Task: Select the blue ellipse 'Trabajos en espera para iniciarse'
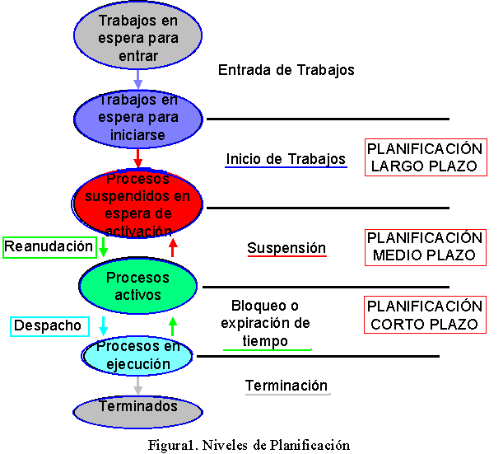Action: click(137, 117)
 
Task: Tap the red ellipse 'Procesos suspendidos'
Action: click(137, 204)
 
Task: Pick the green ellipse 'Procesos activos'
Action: click(137, 285)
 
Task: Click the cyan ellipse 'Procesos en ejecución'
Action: click(137, 354)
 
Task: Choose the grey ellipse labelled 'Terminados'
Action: click(137, 407)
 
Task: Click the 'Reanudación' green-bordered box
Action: click(49, 246)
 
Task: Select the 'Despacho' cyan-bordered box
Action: click(49, 325)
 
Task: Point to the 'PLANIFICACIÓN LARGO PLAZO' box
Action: click(424, 157)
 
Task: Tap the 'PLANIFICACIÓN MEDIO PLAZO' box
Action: click(424, 246)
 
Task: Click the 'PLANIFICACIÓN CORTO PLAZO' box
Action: click(424, 315)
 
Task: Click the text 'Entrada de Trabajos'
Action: click(286, 70)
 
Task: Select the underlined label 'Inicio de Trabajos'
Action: click(286, 159)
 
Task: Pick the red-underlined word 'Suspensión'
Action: click(286, 248)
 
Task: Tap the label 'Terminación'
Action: click(286, 386)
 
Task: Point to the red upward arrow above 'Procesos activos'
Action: click(173, 246)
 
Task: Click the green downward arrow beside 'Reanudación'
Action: click(104, 246)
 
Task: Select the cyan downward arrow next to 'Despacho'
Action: click(104, 325)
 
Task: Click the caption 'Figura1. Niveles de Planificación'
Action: click(249, 445)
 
